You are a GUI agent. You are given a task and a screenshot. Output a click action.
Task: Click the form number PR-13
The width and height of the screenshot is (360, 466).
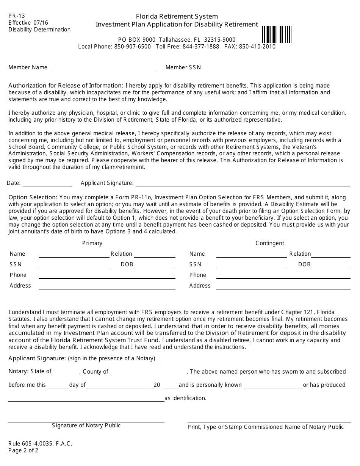pos(17,16)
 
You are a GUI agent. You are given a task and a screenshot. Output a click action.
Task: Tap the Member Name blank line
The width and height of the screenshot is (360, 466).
pos(104,68)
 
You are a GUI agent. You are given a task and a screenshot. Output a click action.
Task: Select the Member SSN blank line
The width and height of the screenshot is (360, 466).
pos(279,68)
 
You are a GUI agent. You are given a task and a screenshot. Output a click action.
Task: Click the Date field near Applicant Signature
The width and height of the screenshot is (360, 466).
pos(48,183)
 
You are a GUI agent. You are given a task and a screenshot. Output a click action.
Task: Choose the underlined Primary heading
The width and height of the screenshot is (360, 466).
pos(92,243)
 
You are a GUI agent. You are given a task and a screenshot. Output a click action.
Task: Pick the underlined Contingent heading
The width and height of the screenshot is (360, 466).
pos(269,243)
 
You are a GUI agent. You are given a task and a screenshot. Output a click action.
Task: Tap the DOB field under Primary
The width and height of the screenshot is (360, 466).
pos(155,264)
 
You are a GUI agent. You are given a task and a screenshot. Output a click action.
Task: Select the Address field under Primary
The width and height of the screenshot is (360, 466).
pos(107,286)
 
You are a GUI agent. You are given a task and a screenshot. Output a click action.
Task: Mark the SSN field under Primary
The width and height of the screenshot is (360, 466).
pos(74,264)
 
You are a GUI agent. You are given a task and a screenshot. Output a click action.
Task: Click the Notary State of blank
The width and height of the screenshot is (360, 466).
pos(68,372)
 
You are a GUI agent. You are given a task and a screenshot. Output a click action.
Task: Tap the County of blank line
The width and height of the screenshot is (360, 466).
pos(149,372)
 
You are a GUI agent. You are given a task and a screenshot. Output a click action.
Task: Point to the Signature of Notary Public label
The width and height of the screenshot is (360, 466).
pos(86,425)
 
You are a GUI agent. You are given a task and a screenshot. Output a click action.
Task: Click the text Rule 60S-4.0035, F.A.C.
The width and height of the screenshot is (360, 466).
pos(40,444)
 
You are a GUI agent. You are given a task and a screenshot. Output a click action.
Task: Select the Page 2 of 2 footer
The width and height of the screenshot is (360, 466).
pos(23,450)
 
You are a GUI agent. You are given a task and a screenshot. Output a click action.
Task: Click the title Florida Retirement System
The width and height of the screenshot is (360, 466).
pos(177,16)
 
